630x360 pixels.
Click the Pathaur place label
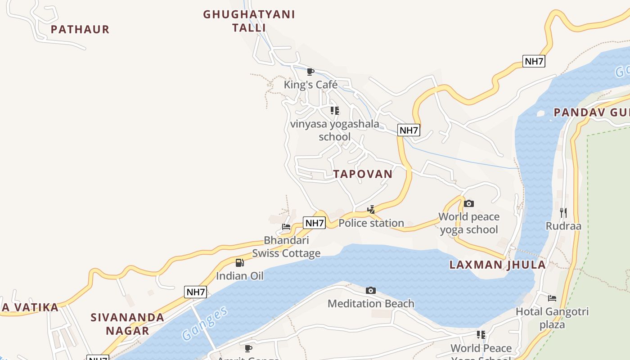80,30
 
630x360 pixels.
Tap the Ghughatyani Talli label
249,21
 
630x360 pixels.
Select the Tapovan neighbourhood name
363,174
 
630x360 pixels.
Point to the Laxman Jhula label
498,265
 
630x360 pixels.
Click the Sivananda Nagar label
127,324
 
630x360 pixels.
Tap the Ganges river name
205,323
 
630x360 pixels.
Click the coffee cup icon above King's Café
310,72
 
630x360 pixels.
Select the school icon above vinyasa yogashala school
334,110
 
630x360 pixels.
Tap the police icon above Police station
371,209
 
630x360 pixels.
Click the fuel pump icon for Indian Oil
240,262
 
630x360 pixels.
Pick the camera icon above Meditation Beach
371,290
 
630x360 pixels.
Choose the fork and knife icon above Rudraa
563,212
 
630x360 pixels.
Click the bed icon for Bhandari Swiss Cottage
286,226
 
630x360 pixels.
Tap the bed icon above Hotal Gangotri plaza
552,298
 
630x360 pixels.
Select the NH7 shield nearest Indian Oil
196,292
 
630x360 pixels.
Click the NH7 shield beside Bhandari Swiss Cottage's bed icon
314,223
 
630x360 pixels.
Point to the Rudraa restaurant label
563,226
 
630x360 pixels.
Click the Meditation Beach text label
371,304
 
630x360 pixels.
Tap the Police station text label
371,223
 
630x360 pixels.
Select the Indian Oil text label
240,276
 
